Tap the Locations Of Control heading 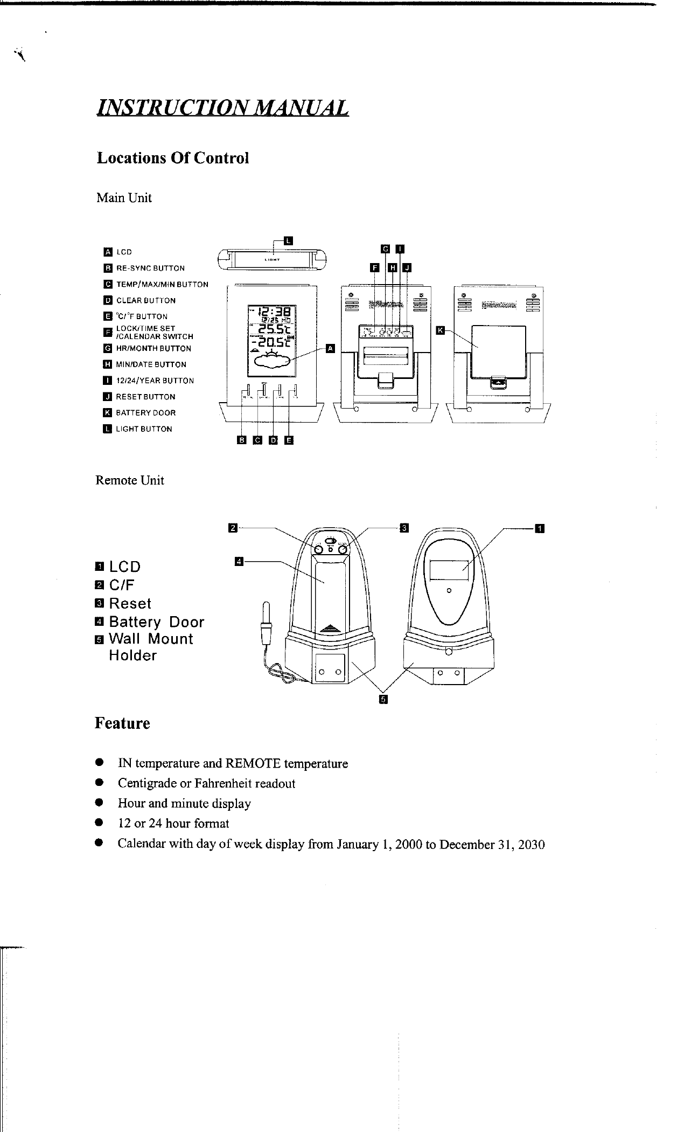tap(172, 158)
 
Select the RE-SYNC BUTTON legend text tap(150, 268)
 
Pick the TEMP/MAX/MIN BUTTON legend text tap(162, 284)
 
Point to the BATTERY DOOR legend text tap(146, 413)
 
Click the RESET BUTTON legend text tap(145, 397)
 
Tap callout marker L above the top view tap(288, 240)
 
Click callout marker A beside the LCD tap(330, 348)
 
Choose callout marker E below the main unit tap(289, 440)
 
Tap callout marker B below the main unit tap(241, 440)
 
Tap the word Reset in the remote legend tap(130, 603)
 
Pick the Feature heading tap(122, 723)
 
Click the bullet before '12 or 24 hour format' tap(99, 823)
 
